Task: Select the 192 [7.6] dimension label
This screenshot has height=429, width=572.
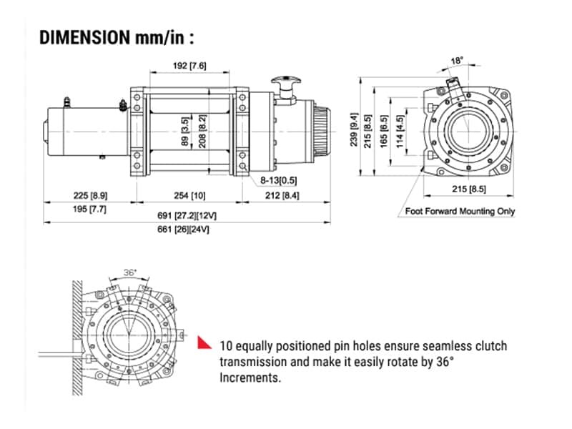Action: [x=190, y=66]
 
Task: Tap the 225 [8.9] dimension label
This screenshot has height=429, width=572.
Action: [x=89, y=195]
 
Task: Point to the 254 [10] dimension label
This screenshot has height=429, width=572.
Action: [x=189, y=195]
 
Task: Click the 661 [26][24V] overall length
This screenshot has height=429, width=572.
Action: [x=187, y=230]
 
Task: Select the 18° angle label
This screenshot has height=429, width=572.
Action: [x=456, y=61]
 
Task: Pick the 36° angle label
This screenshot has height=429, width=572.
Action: [x=130, y=272]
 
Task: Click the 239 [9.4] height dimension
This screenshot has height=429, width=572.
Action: [x=352, y=129]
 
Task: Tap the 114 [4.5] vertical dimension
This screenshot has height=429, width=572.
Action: [x=402, y=129]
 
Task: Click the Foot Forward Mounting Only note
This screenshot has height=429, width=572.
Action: [x=460, y=211]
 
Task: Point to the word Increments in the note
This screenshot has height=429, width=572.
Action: [x=251, y=378]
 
